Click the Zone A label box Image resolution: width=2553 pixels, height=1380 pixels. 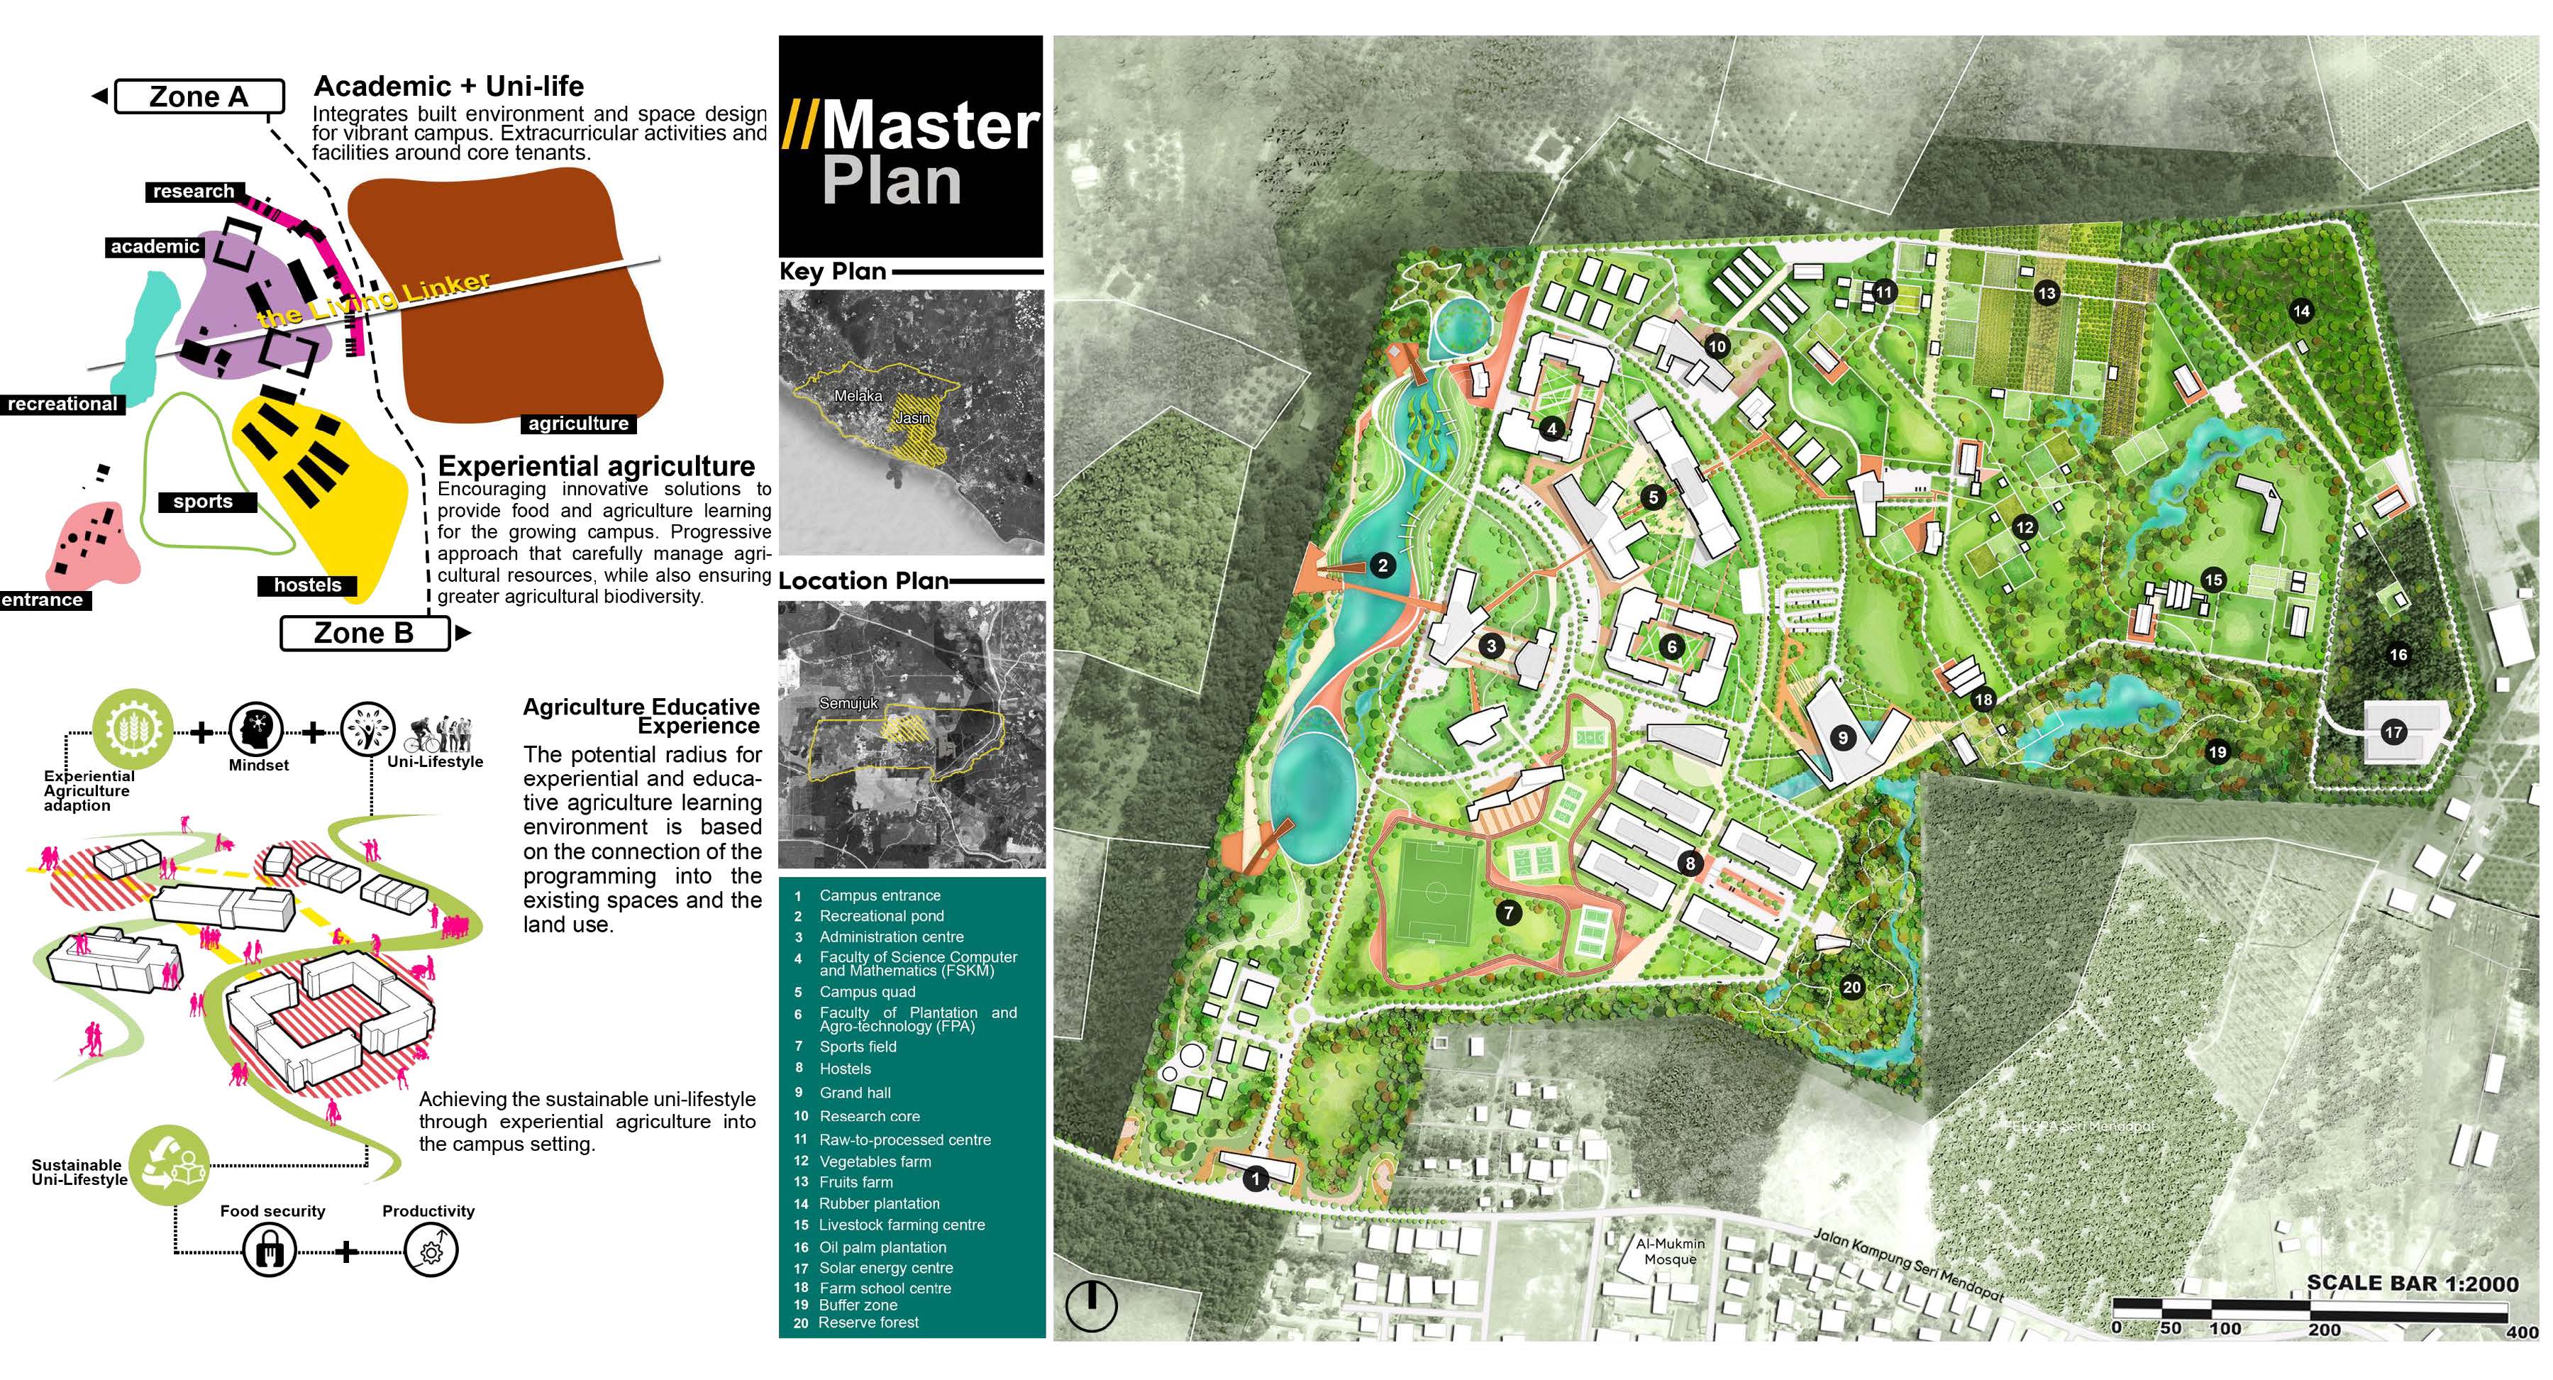pos(199,97)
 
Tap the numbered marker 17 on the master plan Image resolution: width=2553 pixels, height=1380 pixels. pos(2393,733)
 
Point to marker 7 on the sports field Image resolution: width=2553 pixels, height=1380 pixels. pos(1507,912)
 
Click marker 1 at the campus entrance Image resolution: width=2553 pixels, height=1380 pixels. pos(1256,1178)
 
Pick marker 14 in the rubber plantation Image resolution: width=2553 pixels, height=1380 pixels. pos(2301,311)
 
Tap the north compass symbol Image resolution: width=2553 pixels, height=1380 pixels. pos(1090,1305)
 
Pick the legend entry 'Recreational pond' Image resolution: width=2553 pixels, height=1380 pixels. pos(881,916)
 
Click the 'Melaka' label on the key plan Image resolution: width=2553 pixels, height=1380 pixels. pos(858,396)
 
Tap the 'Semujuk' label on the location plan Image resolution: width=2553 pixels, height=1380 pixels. pos(848,703)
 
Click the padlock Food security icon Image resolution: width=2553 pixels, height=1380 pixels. pos(270,1250)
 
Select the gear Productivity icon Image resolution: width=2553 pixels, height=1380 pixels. pos(431,1250)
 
